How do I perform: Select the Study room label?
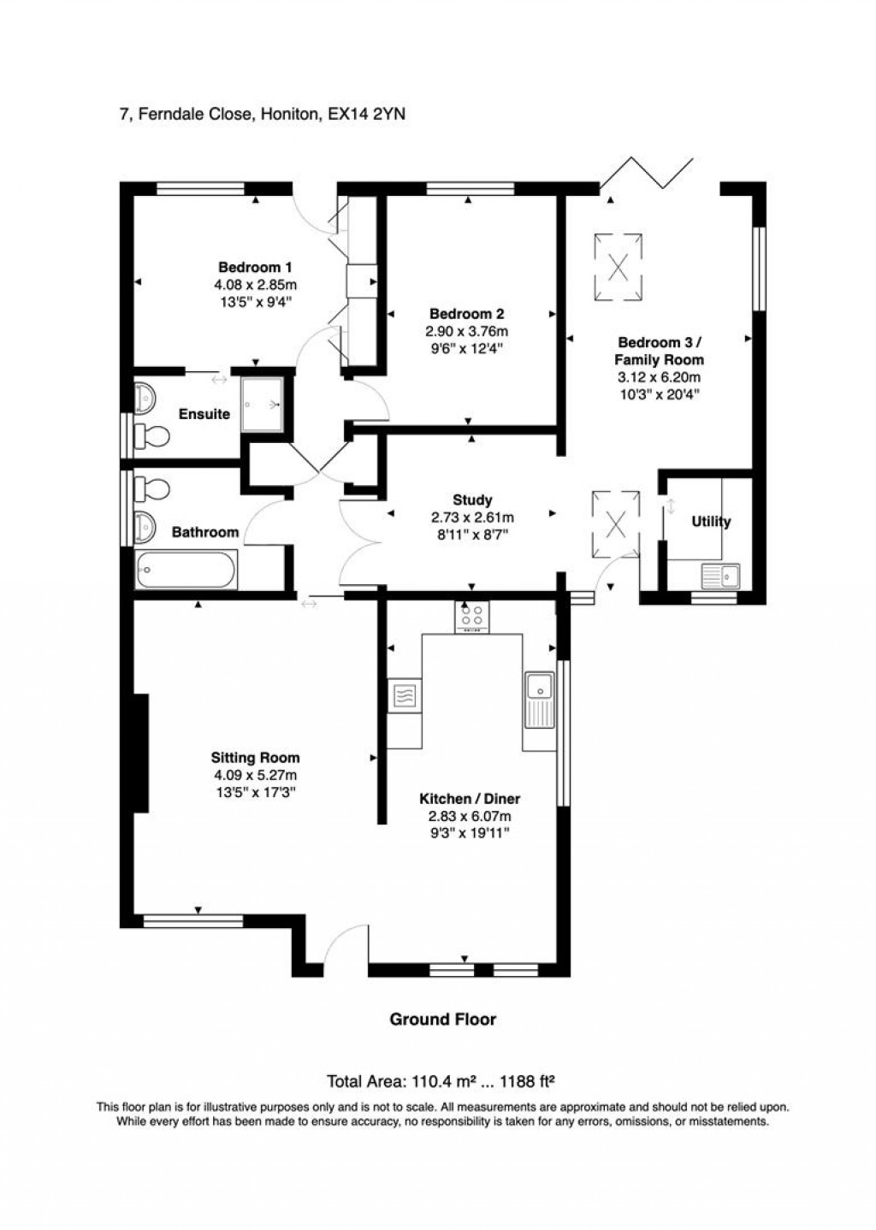471,500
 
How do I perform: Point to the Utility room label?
711,522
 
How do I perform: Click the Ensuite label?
204,414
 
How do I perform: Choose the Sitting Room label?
255,757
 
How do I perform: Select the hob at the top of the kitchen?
472,618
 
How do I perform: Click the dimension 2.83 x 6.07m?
469,816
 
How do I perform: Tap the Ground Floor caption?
442,1019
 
